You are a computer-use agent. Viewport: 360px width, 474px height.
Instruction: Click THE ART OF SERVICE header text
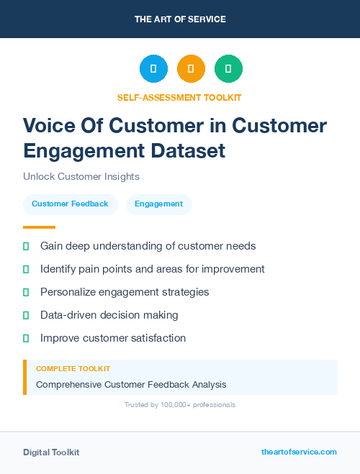click(180, 19)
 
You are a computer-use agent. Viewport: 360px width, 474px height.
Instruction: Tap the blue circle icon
click(153, 69)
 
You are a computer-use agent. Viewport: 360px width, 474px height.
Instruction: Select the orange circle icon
click(191, 69)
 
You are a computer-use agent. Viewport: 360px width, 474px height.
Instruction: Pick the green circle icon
click(228, 69)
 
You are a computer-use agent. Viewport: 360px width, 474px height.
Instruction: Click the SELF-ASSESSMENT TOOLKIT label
click(179, 97)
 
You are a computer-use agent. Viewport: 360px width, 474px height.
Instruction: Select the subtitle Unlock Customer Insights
click(81, 176)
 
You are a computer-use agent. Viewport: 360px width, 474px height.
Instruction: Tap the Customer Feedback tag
click(70, 204)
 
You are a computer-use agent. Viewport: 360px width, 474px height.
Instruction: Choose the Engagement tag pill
click(158, 204)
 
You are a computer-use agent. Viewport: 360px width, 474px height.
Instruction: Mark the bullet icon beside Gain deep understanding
click(26, 246)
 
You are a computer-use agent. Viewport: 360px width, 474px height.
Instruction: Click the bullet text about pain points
click(152, 269)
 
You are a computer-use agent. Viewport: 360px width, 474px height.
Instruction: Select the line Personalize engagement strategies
click(125, 292)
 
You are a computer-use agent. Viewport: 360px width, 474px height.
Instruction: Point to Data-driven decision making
click(109, 315)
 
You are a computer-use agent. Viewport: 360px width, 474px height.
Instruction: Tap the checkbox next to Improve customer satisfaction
click(26, 338)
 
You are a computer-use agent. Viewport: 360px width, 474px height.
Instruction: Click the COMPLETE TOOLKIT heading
click(68, 368)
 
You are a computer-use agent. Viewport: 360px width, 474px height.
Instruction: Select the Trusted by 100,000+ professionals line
click(179, 405)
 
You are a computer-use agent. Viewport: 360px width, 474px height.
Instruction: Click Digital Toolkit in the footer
click(51, 452)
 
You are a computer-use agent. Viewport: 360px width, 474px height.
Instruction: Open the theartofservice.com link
click(299, 452)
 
